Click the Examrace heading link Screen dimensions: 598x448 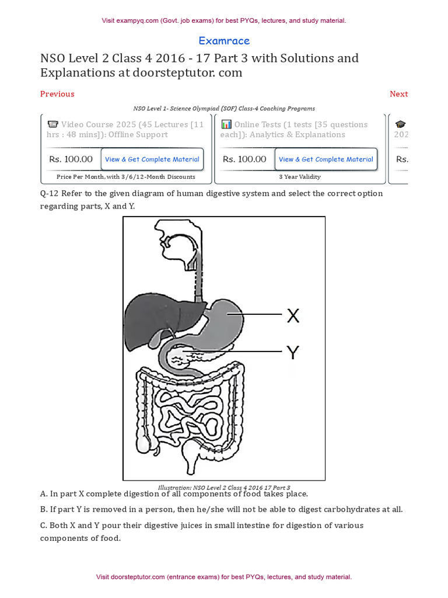coord(224,41)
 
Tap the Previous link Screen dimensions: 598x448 coord(57,94)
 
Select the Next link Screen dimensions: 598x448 coord(398,94)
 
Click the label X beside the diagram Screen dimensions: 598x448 coord(293,316)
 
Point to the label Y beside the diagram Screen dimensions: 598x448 coord(292,352)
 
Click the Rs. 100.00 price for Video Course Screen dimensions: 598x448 coord(71,159)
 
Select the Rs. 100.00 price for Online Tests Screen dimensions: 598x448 coord(244,159)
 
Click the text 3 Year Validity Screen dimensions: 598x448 coord(300,176)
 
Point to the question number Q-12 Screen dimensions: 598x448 coord(50,193)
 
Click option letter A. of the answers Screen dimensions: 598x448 coord(44,494)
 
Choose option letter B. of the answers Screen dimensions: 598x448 coord(44,509)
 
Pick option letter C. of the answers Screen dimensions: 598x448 coord(44,525)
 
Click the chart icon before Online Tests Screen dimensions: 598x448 coord(226,124)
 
